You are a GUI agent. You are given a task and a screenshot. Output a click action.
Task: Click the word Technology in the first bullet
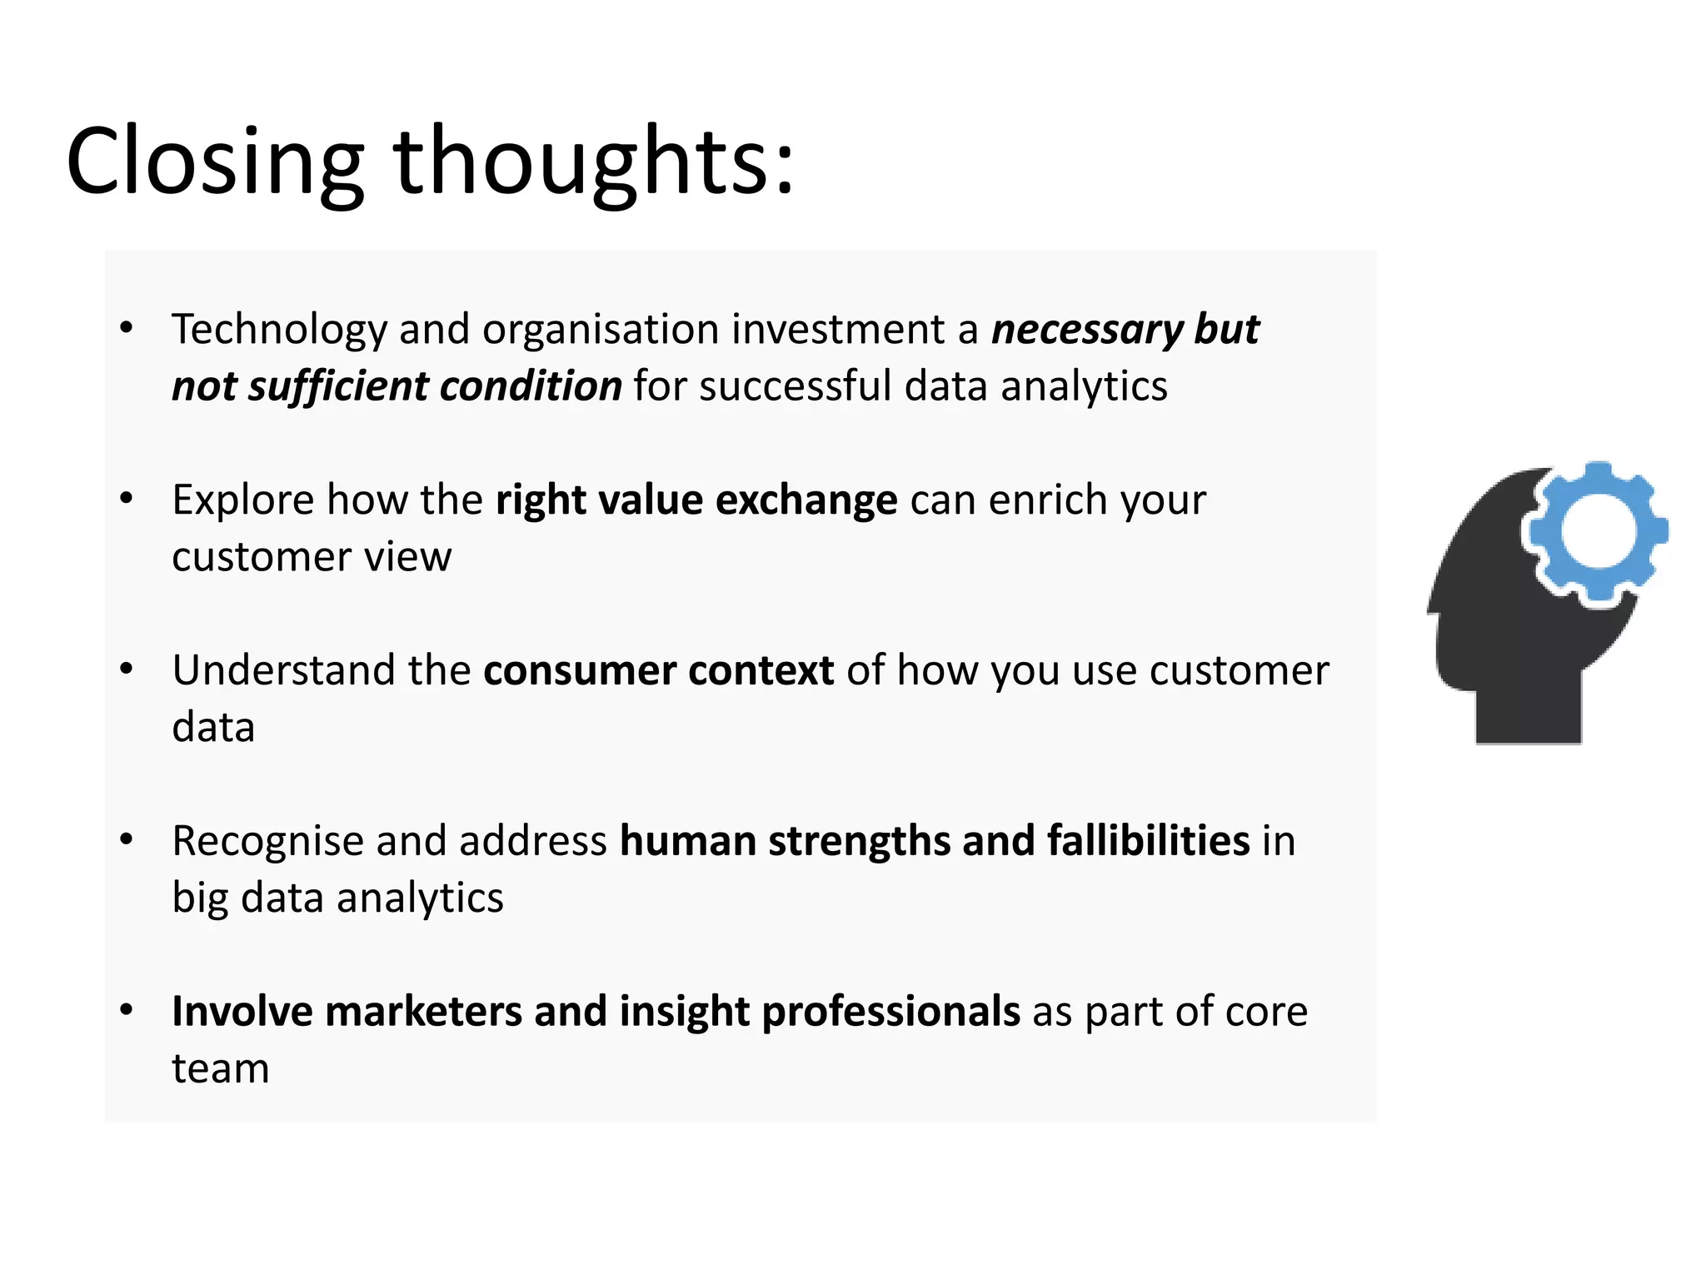[279, 330]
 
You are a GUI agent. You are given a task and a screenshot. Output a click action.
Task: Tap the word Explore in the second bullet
[242, 500]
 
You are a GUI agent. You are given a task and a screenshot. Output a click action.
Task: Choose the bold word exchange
[806, 500]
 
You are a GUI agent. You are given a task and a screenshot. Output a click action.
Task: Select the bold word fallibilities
[1148, 841]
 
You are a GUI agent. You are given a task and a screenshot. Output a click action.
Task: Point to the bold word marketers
[422, 1012]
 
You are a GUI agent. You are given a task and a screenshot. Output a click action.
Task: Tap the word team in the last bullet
[221, 1068]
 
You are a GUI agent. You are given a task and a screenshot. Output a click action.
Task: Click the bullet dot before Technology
[127, 328]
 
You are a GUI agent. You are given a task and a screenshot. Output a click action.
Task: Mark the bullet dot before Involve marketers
[127, 1010]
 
